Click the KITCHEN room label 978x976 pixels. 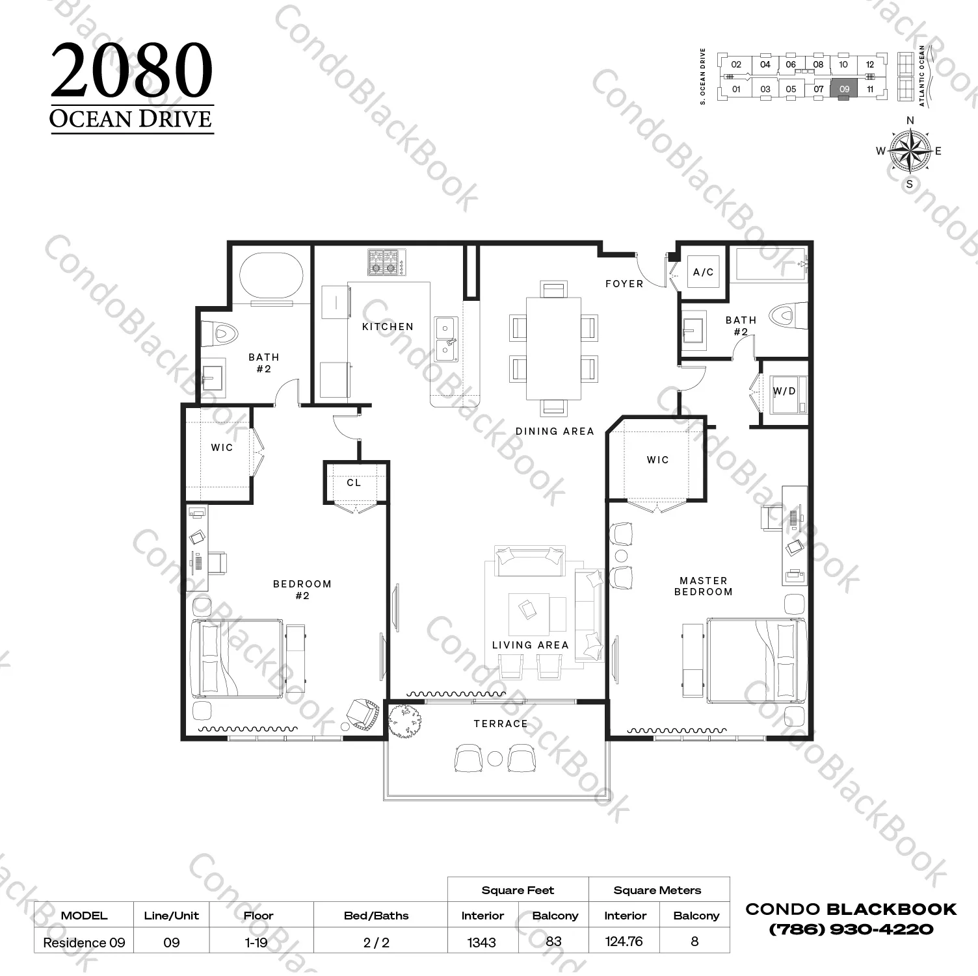(388, 326)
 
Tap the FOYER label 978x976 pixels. (624, 283)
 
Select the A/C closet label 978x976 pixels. (703, 272)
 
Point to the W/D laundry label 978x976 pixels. (784, 391)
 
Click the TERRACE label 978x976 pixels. (501, 723)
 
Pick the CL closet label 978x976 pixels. (354, 482)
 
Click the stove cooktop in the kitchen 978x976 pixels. (385, 263)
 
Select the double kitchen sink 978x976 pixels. (446, 338)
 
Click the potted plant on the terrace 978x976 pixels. (405, 721)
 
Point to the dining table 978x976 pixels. (553, 348)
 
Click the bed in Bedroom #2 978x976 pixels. (237, 659)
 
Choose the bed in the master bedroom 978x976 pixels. (757, 660)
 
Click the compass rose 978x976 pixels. (910, 151)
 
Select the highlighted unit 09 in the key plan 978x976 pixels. (844, 89)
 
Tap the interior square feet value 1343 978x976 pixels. (481, 942)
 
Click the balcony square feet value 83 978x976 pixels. (553, 941)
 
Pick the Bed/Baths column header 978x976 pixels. (376, 916)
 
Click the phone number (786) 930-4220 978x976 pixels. (851, 930)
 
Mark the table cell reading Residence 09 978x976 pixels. (84, 942)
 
